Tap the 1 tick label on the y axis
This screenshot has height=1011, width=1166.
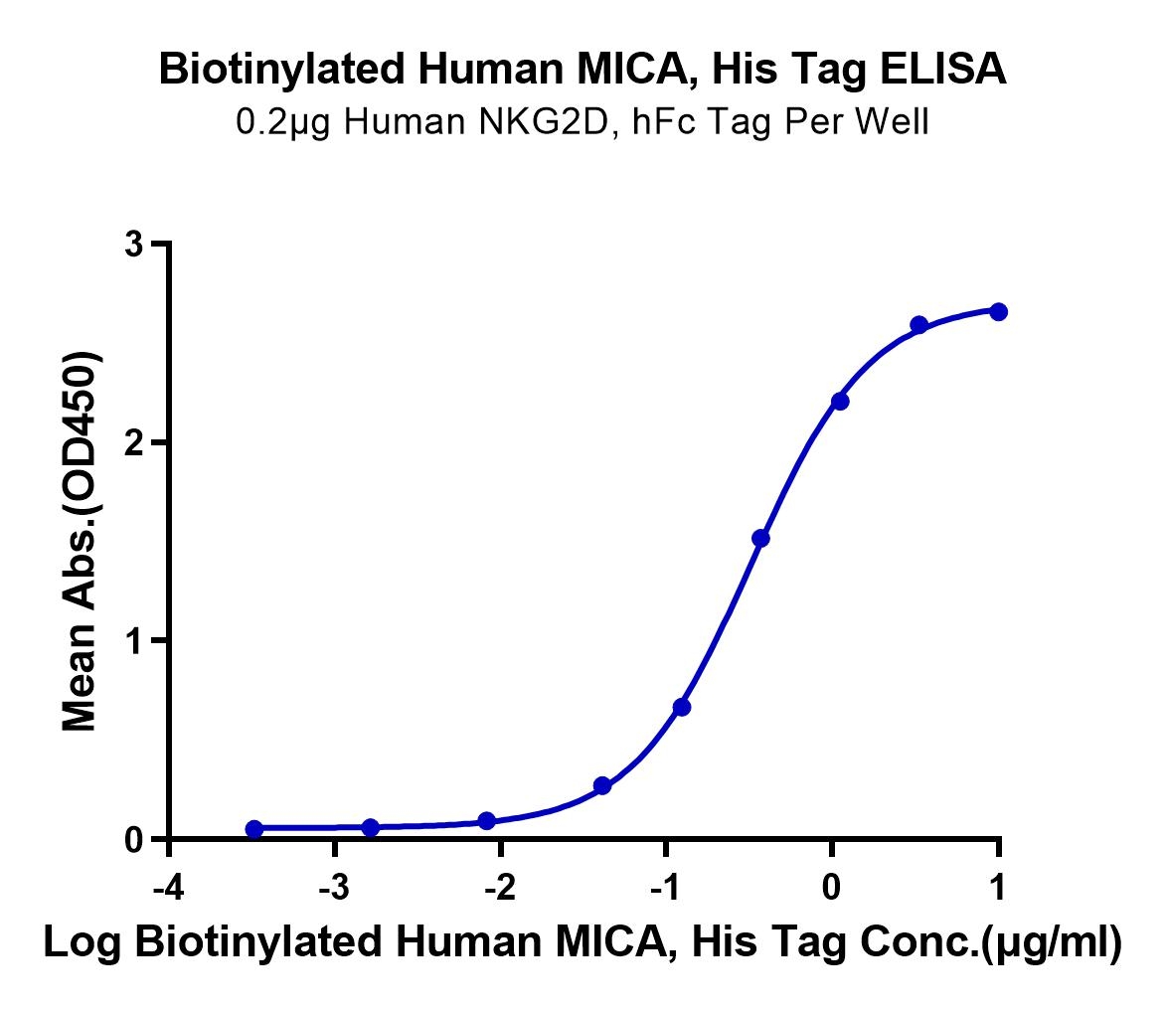coord(133,640)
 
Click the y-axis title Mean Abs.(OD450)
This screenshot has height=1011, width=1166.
coord(82,541)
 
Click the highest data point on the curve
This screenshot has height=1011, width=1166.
coord(998,312)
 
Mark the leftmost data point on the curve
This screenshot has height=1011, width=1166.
coord(253,829)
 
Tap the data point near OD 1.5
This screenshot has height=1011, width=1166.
coord(761,539)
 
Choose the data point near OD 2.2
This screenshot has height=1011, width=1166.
coord(840,401)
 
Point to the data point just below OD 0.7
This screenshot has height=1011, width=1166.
coord(682,707)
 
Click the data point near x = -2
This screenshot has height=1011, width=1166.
coord(486,821)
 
